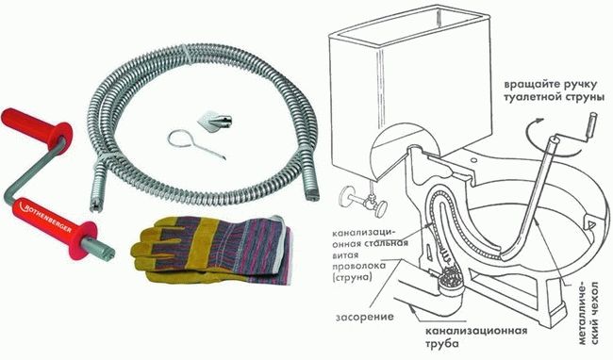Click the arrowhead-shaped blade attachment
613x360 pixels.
214,122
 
